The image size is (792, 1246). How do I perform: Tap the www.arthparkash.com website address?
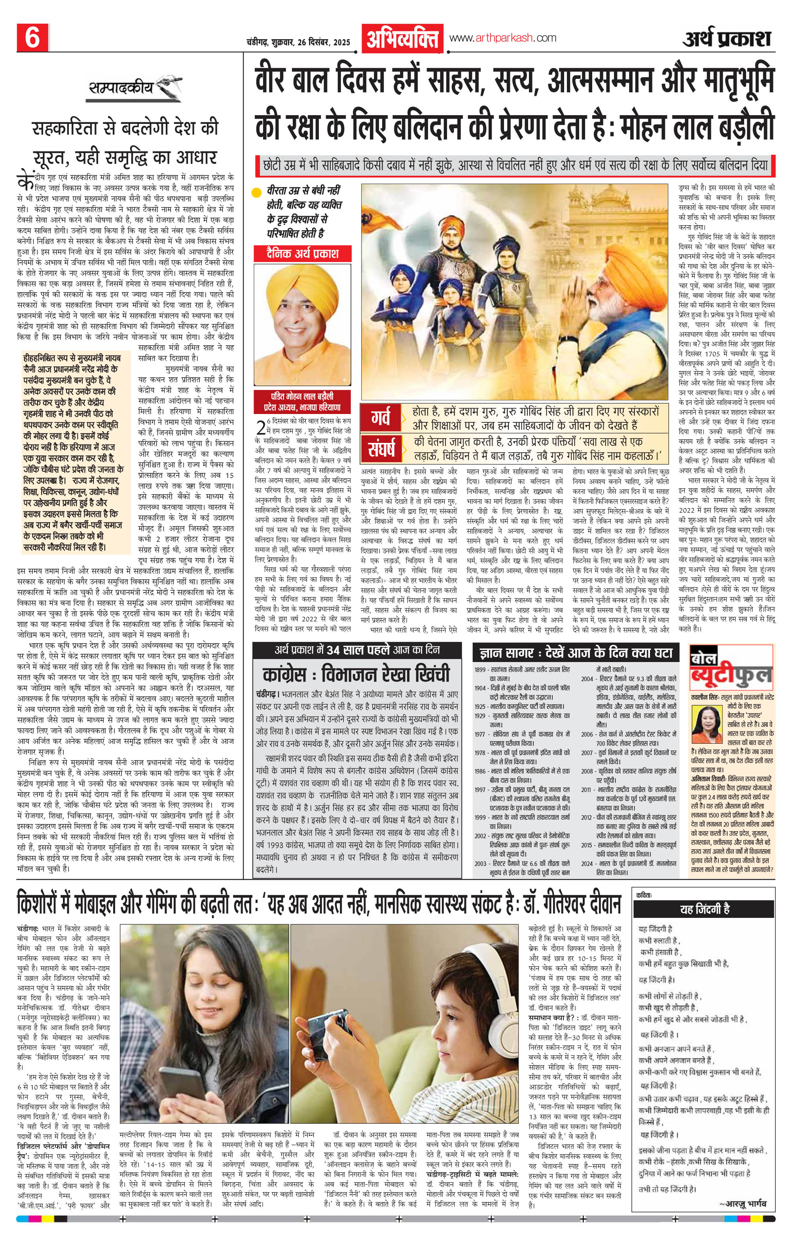[503, 38]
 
